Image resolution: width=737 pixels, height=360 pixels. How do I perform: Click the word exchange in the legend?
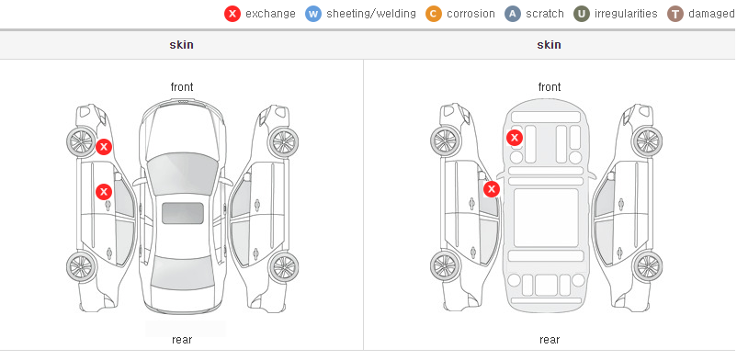(x=270, y=14)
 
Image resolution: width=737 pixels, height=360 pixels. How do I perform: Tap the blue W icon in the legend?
(x=313, y=14)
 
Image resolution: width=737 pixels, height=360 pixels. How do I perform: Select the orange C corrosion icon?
(x=434, y=14)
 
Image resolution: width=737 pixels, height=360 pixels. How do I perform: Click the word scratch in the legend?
(x=545, y=14)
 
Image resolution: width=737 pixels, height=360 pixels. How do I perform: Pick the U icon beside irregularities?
(x=582, y=14)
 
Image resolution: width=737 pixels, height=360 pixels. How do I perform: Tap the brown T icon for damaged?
(x=675, y=14)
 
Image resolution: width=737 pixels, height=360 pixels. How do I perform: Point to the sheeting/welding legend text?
(x=371, y=14)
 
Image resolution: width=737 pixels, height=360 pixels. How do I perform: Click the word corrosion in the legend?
(x=471, y=14)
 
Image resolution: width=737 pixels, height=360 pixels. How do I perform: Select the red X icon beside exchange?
(x=232, y=14)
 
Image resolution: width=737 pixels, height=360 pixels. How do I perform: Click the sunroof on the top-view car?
(x=183, y=213)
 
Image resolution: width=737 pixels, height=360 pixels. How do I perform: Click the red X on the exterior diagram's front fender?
(x=104, y=147)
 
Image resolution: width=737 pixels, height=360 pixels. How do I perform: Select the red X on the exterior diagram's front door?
(x=104, y=192)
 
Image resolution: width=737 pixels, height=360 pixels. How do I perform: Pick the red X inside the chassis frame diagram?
(x=515, y=138)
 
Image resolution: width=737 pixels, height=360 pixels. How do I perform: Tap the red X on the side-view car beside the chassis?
(x=492, y=189)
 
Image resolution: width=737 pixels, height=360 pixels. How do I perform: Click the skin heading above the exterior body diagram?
(x=181, y=45)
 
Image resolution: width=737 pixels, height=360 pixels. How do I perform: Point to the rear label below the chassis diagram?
(x=550, y=340)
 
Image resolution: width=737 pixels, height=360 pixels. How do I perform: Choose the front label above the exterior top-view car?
(x=182, y=87)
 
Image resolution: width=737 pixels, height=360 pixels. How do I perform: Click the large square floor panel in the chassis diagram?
(x=546, y=218)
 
